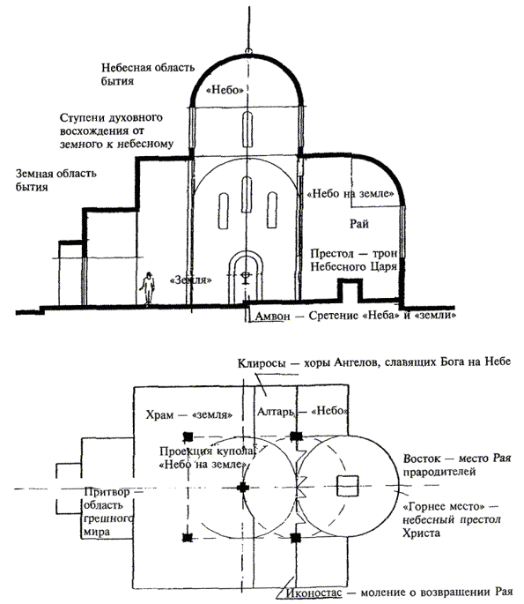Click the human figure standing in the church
[x=147, y=288]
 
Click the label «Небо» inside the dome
[x=225, y=90]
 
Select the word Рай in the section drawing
[x=359, y=224]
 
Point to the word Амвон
[x=272, y=317]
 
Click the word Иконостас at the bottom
[x=314, y=592]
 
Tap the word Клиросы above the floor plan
[x=262, y=363]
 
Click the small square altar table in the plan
[x=347, y=486]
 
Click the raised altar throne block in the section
[x=350, y=290]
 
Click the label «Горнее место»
[x=443, y=506]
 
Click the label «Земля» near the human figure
[x=191, y=280]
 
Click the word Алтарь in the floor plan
[x=276, y=412]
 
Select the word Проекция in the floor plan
[x=186, y=451]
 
